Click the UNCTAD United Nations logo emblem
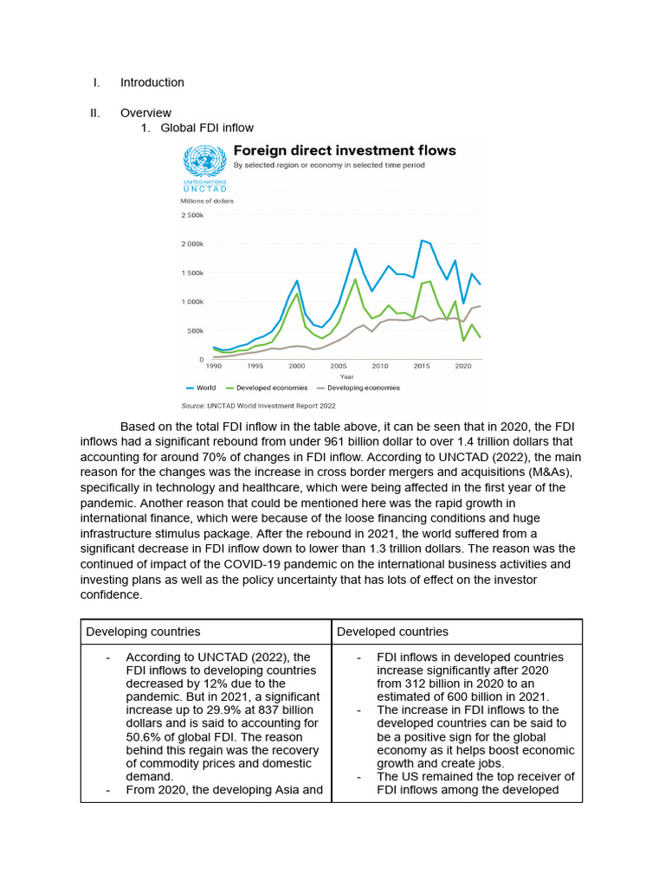pyautogui.click(x=203, y=162)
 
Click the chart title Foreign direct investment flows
pyautogui.click(x=345, y=151)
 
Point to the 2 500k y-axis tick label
pyautogui.click(x=192, y=215)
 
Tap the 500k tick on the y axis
pyautogui.click(x=196, y=331)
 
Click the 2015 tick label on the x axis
pyautogui.click(x=421, y=366)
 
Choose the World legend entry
pyautogui.click(x=201, y=388)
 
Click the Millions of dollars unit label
pyautogui.click(x=207, y=201)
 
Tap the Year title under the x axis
pyautogui.click(x=346, y=376)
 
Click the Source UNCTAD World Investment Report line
pyautogui.click(x=258, y=405)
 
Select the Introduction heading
pyautogui.click(x=152, y=82)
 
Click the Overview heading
pyautogui.click(x=145, y=112)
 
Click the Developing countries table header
pyautogui.click(x=143, y=632)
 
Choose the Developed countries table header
pyautogui.click(x=392, y=632)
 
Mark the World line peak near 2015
pyautogui.click(x=422, y=241)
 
